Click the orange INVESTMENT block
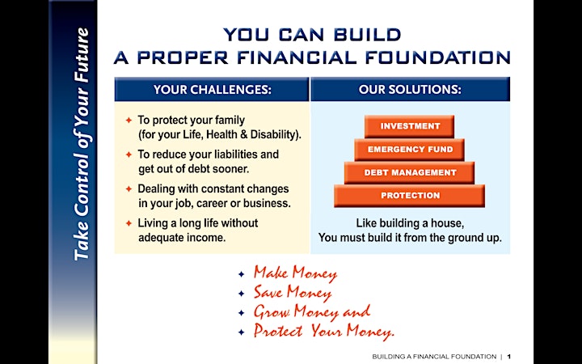409,126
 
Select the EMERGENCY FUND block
409,150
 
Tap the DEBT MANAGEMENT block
409,173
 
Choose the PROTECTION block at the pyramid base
409,196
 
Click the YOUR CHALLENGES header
212,90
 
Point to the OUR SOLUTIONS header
410,90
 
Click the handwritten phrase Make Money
296,273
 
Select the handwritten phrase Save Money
293,293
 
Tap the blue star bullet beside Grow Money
241,313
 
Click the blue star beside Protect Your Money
241,332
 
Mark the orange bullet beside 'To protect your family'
129,121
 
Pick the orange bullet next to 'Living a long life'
129,223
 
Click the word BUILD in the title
367,35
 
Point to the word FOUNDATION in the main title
438,57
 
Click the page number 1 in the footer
509,357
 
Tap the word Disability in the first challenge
276,134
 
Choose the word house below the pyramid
446,223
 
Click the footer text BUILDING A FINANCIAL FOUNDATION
434,357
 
